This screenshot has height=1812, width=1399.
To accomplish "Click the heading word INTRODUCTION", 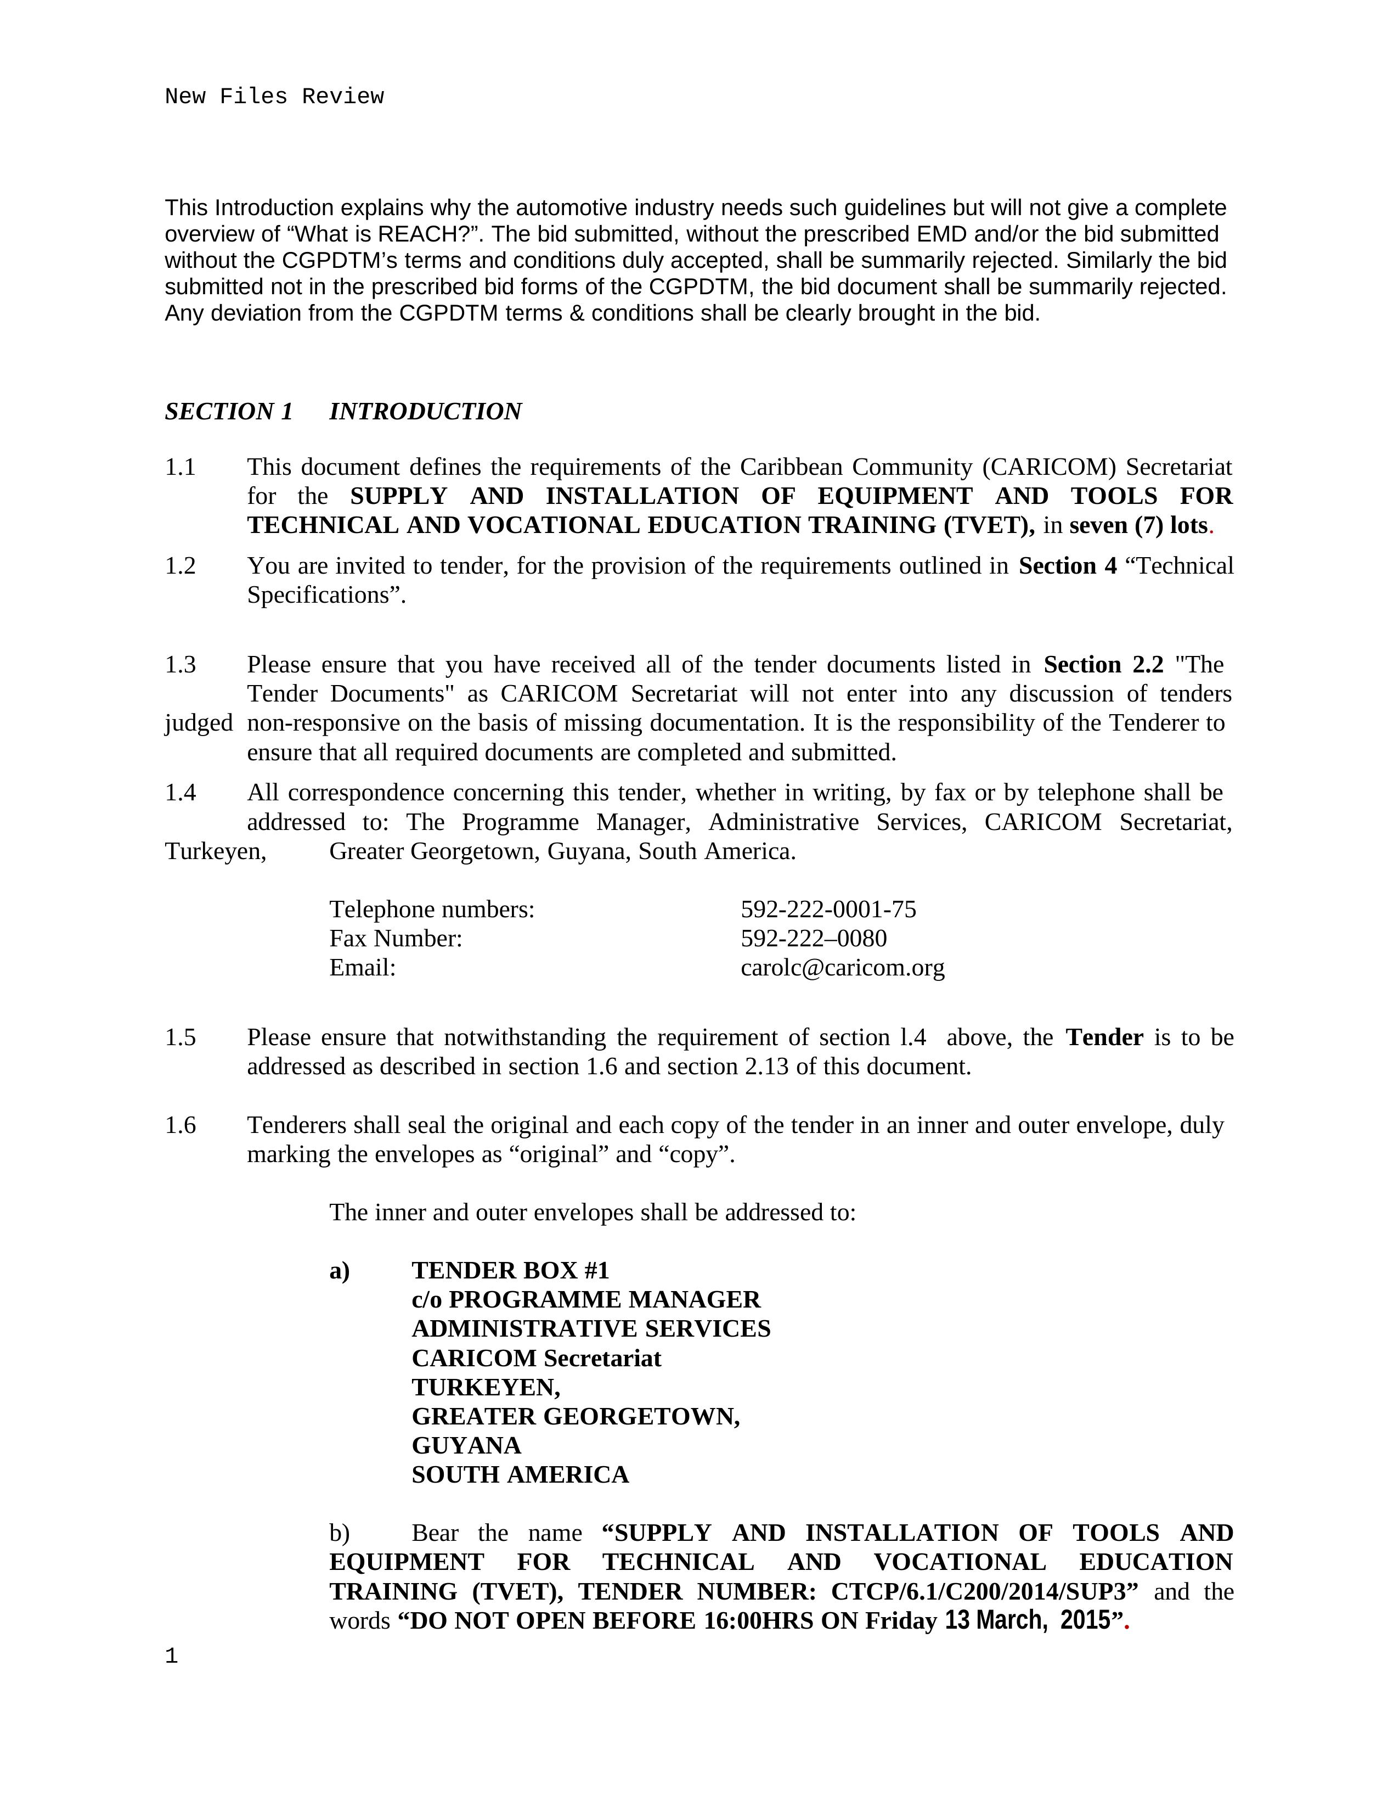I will click(425, 412).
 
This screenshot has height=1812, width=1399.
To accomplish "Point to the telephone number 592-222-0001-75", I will click(828, 910).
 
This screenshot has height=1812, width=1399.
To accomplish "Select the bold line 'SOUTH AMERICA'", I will click(520, 1474).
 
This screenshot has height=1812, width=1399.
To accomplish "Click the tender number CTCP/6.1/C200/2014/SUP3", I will click(984, 1591).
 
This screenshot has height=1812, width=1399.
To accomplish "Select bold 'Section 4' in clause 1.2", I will click(1067, 566).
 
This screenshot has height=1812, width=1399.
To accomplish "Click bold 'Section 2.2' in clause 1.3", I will click(1103, 665).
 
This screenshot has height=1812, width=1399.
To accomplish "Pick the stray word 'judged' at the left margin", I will click(198, 723).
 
